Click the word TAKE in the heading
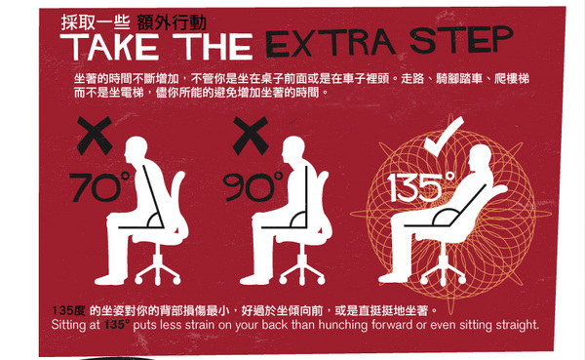point(109,47)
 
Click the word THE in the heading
point(213,46)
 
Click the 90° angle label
point(253,186)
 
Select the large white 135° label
point(421,186)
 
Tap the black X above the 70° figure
point(95,136)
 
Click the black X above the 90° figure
point(251,136)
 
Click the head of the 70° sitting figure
point(136,149)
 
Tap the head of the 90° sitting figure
point(293,149)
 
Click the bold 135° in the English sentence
point(117,324)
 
